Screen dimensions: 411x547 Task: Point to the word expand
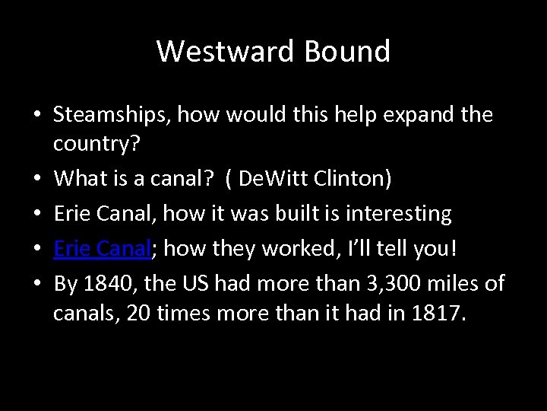[416, 116]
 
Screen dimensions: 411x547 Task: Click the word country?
[91, 144]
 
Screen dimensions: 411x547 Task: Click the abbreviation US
[192, 284]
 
